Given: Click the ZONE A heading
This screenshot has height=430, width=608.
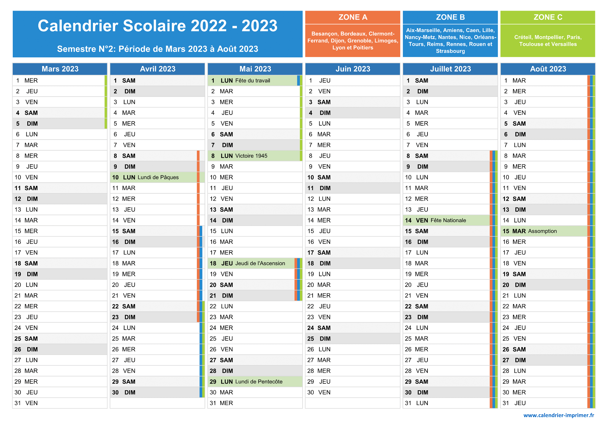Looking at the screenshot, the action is click(x=353, y=17).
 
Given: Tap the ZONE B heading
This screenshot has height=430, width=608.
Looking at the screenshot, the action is click(x=450, y=17).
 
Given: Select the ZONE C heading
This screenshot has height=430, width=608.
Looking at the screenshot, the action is click(x=548, y=17).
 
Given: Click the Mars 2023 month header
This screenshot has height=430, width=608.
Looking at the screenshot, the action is click(x=60, y=69).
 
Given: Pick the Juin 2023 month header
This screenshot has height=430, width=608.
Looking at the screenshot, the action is click(x=353, y=69).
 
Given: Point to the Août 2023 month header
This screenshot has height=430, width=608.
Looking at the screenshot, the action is click(x=548, y=69).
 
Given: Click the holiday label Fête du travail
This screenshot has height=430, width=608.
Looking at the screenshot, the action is click(x=253, y=80).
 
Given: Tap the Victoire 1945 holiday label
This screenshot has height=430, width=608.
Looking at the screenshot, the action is click(x=251, y=156).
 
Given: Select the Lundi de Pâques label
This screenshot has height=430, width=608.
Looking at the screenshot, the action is click(x=158, y=177).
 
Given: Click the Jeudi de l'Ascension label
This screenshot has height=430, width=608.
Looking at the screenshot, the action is click(x=260, y=263).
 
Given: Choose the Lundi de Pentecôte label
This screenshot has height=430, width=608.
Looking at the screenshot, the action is click(x=259, y=382).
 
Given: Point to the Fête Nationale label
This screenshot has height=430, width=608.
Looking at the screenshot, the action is click(x=448, y=220).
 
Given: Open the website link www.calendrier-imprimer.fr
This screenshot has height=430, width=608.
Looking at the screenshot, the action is click(x=559, y=415).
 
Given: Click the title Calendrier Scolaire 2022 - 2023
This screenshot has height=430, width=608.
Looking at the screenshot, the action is click(x=158, y=26).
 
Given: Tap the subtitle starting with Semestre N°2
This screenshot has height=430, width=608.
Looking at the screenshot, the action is click(x=158, y=49).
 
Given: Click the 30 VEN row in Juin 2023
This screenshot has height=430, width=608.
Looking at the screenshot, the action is click(x=353, y=392).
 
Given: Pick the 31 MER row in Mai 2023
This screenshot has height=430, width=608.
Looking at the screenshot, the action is click(x=255, y=403).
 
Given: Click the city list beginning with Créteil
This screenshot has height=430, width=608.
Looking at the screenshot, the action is click(x=548, y=41).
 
